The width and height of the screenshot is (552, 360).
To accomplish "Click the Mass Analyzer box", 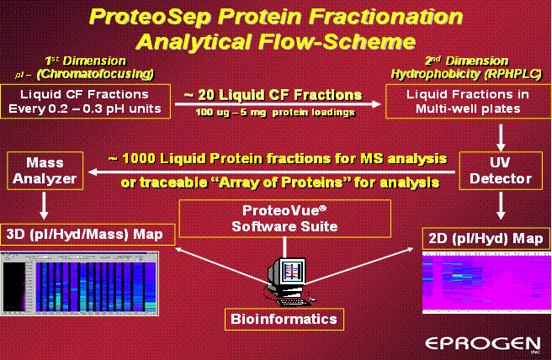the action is (45, 171).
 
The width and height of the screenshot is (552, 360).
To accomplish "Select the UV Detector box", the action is (501, 171).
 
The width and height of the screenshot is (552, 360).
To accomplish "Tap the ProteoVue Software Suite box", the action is (284, 219).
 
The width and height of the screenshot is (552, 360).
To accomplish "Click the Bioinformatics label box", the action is (284, 319).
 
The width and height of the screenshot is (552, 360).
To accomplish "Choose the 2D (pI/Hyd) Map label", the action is (486, 239).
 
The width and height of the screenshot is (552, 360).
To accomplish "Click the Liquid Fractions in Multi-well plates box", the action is (468, 101).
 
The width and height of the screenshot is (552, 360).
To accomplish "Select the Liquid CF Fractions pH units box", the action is (85, 101).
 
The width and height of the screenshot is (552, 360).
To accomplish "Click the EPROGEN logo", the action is (483, 344).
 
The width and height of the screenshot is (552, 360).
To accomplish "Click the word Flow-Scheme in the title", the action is (337, 42).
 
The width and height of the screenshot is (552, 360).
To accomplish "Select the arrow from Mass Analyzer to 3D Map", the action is (44, 205).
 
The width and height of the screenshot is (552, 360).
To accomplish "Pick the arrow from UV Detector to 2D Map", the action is (501, 205).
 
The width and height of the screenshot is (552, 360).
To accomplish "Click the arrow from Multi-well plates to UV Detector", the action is (501, 138).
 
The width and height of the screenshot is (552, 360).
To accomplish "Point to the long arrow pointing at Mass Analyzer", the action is (272, 172).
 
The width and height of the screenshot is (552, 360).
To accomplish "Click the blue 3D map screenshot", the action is (79, 283).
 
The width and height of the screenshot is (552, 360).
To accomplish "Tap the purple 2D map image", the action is (486, 283).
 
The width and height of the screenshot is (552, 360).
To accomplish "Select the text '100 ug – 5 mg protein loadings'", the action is (275, 113).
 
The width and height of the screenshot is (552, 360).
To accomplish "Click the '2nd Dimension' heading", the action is (467, 61).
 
